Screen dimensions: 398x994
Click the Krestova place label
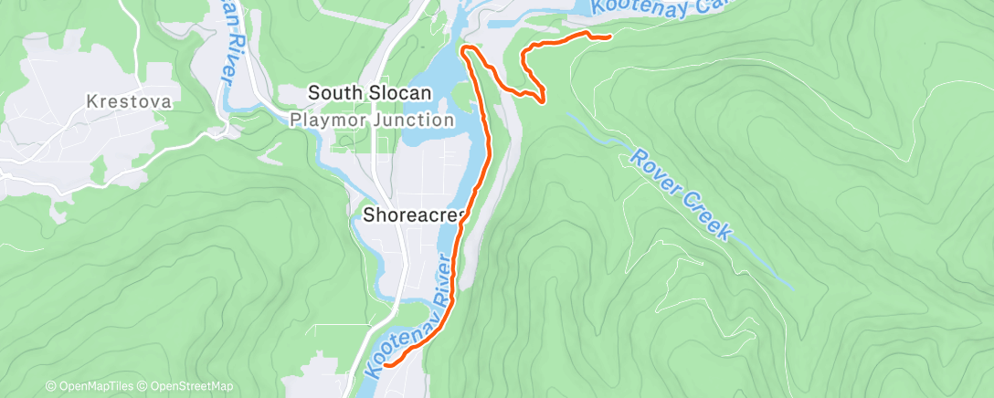pyautogui.click(x=130, y=101)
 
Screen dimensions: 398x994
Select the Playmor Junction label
pyautogui.click(x=371, y=120)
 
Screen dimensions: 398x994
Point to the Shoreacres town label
pyautogui.click(x=415, y=215)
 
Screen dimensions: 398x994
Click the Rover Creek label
pyautogui.click(x=681, y=194)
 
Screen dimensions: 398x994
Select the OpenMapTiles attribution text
pyautogui.click(x=89, y=387)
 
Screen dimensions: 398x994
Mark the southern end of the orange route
pyautogui.click(x=386, y=364)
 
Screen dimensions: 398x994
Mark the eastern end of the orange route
pyautogui.click(x=609, y=37)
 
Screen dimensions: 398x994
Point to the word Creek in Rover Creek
pyautogui.click(x=705, y=216)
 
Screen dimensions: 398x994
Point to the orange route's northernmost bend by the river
pyautogui.click(x=466, y=47)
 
